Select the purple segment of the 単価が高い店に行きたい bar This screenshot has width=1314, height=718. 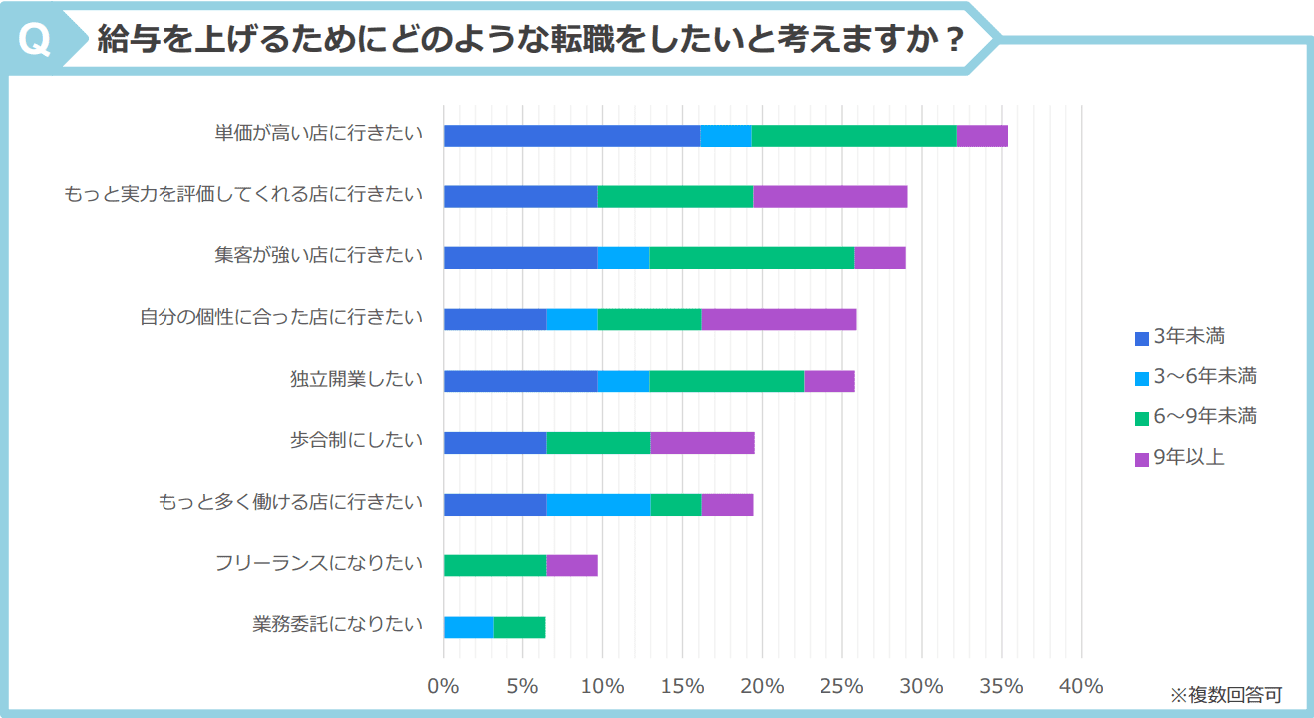click(x=982, y=136)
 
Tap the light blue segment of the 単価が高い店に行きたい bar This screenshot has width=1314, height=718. click(x=725, y=136)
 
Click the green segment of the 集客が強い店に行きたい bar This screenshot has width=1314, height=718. click(x=752, y=257)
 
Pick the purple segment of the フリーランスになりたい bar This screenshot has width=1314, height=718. click(x=572, y=565)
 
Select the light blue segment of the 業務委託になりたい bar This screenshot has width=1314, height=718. click(x=469, y=627)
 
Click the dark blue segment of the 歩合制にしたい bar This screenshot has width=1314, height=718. click(x=494, y=443)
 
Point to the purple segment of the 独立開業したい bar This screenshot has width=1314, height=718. click(x=829, y=381)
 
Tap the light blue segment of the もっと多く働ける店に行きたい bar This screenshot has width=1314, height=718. click(x=598, y=505)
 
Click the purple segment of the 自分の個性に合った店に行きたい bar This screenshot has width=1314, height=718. click(x=779, y=319)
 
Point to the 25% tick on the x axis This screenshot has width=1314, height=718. click(x=841, y=686)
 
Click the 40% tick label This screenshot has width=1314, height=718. click(x=1081, y=686)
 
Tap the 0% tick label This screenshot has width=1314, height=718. click(x=443, y=686)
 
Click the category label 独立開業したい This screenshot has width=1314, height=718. click(x=356, y=379)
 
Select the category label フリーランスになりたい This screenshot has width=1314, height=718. click(x=319, y=563)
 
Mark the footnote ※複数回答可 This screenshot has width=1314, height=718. click(x=1225, y=694)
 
